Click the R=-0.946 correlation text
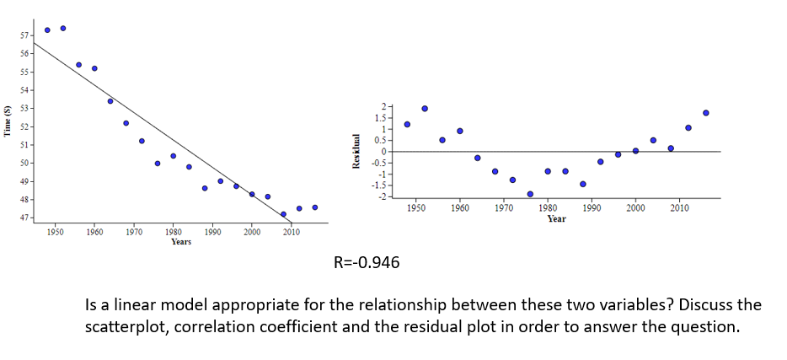tap(367, 263)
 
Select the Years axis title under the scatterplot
tap(181, 242)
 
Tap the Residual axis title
tap(358, 152)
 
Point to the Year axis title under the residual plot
tap(556, 218)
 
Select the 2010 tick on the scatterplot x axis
tap(292, 231)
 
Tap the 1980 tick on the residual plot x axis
tap(548, 207)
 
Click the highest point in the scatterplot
tap(63, 28)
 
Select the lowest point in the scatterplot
tap(283, 214)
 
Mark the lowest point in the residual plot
tap(530, 194)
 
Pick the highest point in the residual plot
tap(425, 109)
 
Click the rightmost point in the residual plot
tap(705, 113)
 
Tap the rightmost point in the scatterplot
tap(314, 207)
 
